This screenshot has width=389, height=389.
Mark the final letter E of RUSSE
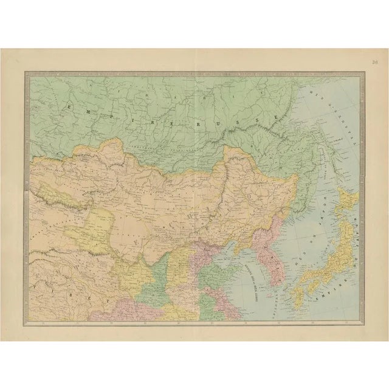point(276,115)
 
